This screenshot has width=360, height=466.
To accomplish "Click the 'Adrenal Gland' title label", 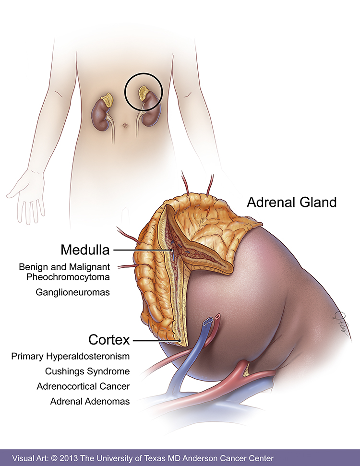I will (x=292, y=202).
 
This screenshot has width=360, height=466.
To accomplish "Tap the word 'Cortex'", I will (x=109, y=340).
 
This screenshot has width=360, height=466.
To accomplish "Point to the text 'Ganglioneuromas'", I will (x=72, y=292).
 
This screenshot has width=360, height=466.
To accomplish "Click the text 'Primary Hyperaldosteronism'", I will (x=71, y=357).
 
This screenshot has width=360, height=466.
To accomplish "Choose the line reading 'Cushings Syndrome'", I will (x=87, y=371).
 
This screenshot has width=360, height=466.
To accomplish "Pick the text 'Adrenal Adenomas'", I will (x=90, y=401).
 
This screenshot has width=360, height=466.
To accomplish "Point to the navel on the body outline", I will (x=125, y=126).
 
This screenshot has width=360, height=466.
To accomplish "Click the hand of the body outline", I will (x=28, y=197).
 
